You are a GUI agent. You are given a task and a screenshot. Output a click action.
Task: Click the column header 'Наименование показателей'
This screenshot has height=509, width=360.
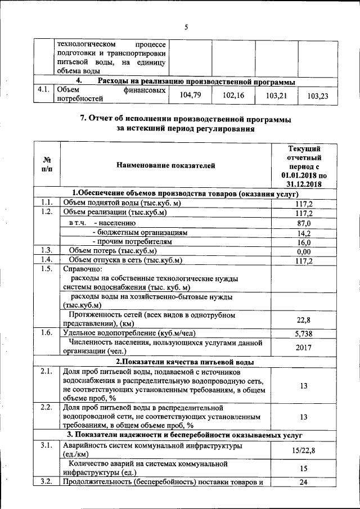tap(165, 165)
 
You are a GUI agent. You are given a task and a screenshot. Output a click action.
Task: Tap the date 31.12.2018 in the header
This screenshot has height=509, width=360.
tap(304, 183)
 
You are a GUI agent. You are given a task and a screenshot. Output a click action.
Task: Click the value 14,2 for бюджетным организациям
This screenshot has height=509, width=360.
tap(304, 233)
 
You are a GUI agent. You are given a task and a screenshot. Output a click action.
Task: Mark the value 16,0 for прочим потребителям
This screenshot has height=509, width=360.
tap(304, 242)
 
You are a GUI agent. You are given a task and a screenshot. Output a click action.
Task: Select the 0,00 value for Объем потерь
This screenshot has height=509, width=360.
tap(304, 251)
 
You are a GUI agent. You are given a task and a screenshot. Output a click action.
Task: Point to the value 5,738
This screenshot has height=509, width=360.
tap(304, 334)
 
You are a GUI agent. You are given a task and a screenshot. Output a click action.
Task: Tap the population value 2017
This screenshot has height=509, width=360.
tap(304, 347)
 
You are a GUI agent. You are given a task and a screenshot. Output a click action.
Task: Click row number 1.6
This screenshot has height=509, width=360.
tap(46, 333)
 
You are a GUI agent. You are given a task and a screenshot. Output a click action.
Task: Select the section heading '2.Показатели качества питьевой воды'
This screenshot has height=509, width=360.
tap(184, 362)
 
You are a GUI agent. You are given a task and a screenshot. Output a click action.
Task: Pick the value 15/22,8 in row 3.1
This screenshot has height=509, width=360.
tap(304, 450)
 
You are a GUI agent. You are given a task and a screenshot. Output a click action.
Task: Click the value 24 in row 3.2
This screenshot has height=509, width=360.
tap(304, 482)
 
